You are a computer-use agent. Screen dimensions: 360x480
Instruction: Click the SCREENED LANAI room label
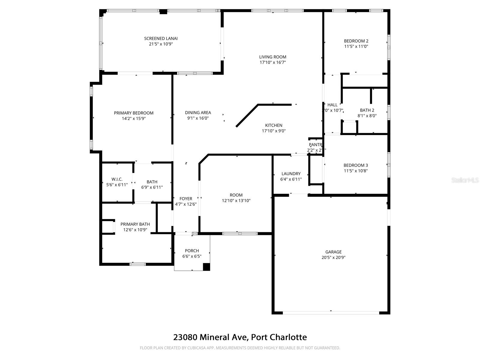(161, 38)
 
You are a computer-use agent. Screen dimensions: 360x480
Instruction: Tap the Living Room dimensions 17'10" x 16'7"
(273, 62)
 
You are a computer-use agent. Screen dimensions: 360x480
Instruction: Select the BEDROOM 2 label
(356, 41)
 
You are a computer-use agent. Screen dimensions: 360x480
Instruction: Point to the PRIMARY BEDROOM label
(133, 113)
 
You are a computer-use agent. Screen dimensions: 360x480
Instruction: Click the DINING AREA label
(198, 112)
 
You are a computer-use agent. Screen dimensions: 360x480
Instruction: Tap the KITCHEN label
(274, 125)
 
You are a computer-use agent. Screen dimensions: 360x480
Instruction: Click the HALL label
(332, 105)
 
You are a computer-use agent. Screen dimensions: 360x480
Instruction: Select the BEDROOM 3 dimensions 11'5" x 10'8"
(355, 171)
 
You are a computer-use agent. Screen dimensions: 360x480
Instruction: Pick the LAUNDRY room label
(291, 173)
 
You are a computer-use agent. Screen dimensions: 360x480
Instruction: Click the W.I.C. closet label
(117, 179)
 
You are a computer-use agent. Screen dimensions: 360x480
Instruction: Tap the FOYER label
(186, 199)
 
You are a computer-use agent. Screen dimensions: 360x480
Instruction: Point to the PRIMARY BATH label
(135, 224)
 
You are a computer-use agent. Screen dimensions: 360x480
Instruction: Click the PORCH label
(192, 250)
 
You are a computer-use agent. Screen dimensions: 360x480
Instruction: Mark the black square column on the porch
(206, 267)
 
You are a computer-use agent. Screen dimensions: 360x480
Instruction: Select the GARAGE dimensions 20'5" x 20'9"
(333, 257)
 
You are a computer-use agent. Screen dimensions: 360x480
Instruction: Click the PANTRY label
(316, 145)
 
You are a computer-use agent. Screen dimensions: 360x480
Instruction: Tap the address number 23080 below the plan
(185, 337)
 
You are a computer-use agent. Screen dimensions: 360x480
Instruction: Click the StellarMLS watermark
(465, 180)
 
